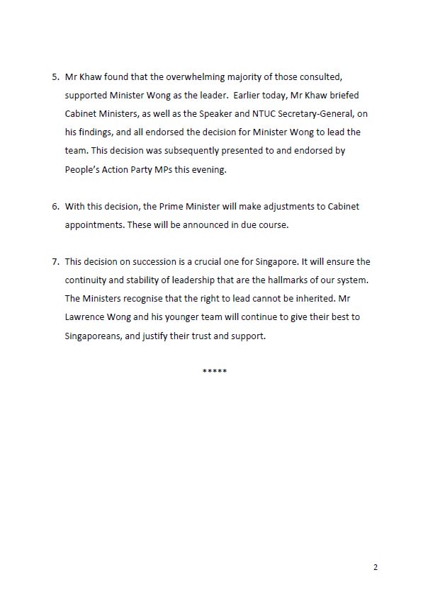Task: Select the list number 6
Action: click(x=55, y=206)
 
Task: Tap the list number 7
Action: click(x=55, y=261)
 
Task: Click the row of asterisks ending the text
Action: click(x=214, y=372)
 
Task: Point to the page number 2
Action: click(x=376, y=567)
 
